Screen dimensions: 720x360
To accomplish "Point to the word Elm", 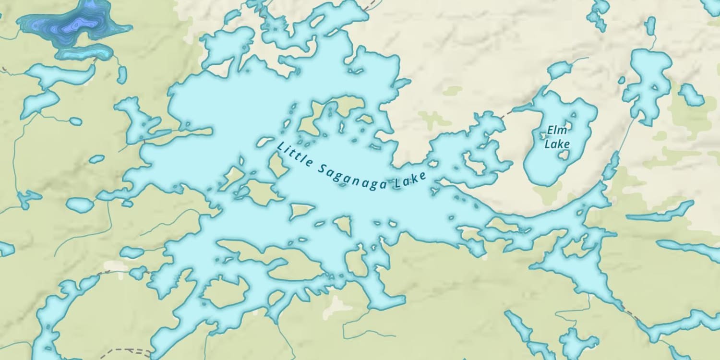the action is coord(557,130).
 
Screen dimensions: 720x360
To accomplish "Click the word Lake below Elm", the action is coord(557,144).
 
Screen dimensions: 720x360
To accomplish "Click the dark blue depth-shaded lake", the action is coord(77,26).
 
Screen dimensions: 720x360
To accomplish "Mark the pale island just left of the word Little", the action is coord(264,142).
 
